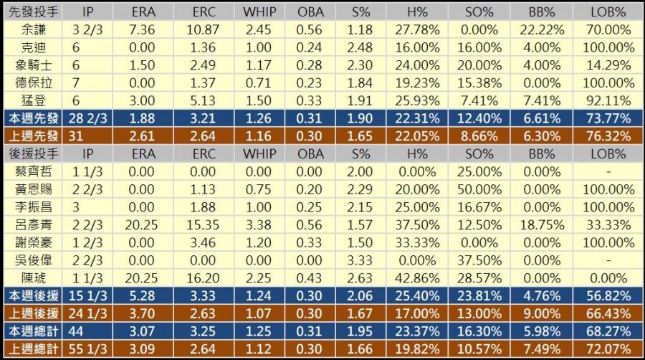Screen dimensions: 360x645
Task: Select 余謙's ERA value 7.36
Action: pos(143,29)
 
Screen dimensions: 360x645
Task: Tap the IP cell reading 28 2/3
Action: pos(90,118)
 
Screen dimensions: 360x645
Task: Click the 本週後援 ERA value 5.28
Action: pos(143,295)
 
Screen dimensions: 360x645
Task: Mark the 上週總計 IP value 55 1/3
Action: pos(90,349)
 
